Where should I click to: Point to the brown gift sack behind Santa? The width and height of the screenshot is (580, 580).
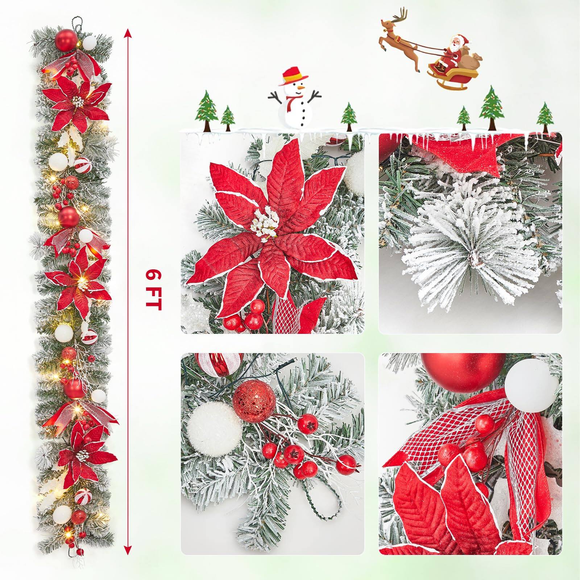[470, 58]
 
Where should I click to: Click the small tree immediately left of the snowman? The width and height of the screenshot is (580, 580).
[228, 118]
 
